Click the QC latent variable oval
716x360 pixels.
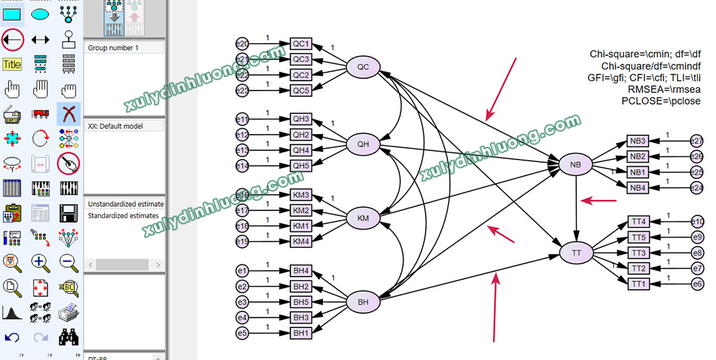click(363, 66)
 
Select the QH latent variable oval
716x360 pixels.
click(363, 144)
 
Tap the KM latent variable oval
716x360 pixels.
click(363, 218)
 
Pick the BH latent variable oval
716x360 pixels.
click(363, 302)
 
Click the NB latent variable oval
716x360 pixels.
click(575, 165)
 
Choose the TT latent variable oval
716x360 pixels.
click(576, 251)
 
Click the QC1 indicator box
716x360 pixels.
click(301, 44)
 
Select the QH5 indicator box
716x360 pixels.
click(301, 166)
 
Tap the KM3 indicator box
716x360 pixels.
click(301, 195)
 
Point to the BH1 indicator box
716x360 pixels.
click(301, 333)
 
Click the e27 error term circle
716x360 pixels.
click(697, 141)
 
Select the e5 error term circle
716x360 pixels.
click(242, 333)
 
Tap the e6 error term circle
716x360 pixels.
click(697, 284)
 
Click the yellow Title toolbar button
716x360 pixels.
click(12, 64)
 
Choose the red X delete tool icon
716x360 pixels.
click(68, 114)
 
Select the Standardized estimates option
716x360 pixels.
click(123, 215)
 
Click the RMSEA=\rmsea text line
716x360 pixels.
click(664, 90)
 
